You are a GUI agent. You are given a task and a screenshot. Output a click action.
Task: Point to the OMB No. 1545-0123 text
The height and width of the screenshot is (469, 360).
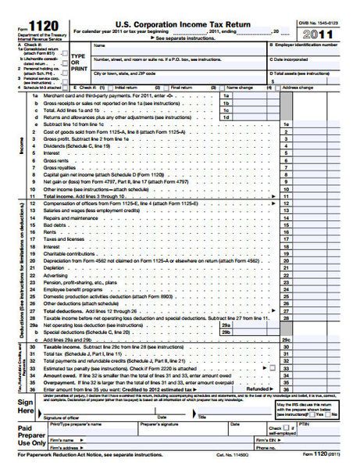pyautogui.click(x=320, y=25)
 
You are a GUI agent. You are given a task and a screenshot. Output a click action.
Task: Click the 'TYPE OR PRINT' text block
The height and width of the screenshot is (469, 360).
pyautogui.click(x=77, y=62)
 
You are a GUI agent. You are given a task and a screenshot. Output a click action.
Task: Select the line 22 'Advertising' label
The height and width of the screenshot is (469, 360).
pyautogui.click(x=56, y=275)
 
